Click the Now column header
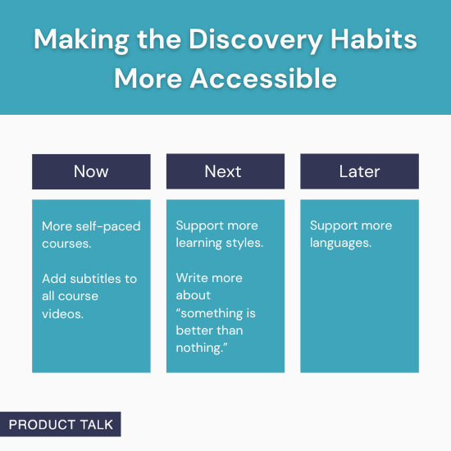91,171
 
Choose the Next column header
225,171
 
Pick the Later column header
359,171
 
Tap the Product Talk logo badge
61,424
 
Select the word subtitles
96,279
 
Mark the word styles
246,244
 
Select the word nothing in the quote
199,348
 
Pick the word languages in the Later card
339,244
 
